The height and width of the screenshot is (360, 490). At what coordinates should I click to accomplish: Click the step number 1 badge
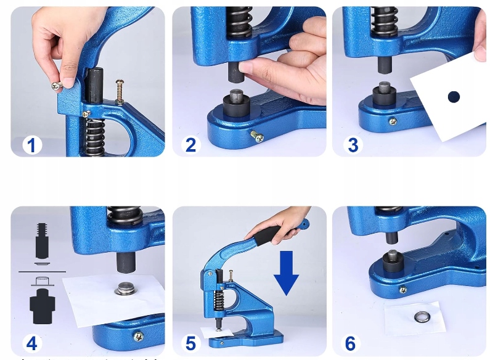[x=32, y=145]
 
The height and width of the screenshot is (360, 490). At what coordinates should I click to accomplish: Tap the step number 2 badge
[x=190, y=145]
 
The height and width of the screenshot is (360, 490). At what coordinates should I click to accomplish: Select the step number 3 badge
[x=353, y=145]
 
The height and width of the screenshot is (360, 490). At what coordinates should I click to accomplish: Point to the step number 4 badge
[x=32, y=343]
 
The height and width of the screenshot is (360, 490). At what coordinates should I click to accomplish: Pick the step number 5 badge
[x=190, y=343]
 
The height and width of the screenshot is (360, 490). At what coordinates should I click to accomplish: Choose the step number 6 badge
[x=350, y=343]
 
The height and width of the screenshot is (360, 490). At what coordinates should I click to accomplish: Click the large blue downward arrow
[x=286, y=273]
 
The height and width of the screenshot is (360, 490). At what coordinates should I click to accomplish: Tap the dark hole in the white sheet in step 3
[x=454, y=97]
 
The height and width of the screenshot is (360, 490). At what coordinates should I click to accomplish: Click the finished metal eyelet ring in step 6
[x=422, y=318]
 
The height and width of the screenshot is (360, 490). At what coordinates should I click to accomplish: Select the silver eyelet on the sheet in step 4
[x=125, y=288]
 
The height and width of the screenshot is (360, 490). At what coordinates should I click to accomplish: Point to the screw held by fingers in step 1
[x=57, y=85]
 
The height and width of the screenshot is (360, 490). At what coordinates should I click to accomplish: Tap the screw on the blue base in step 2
[x=257, y=136]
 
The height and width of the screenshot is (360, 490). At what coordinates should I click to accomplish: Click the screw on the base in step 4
[x=139, y=336]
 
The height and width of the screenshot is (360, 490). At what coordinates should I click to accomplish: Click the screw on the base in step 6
[x=403, y=290]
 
